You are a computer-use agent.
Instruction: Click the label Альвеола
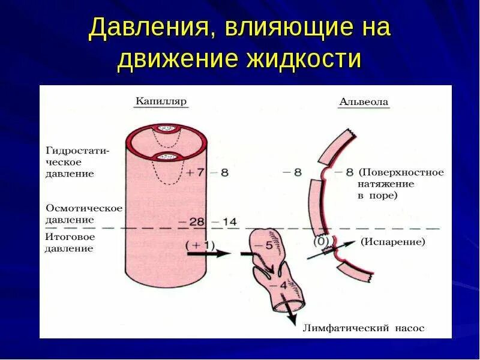[x=364, y=101]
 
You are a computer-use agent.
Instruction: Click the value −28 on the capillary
[x=191, y=221]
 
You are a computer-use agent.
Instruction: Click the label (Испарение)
[x=393, y=242]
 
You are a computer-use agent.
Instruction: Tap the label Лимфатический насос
[x=364, y=328]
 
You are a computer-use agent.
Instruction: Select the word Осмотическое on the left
[x=84, y=208]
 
